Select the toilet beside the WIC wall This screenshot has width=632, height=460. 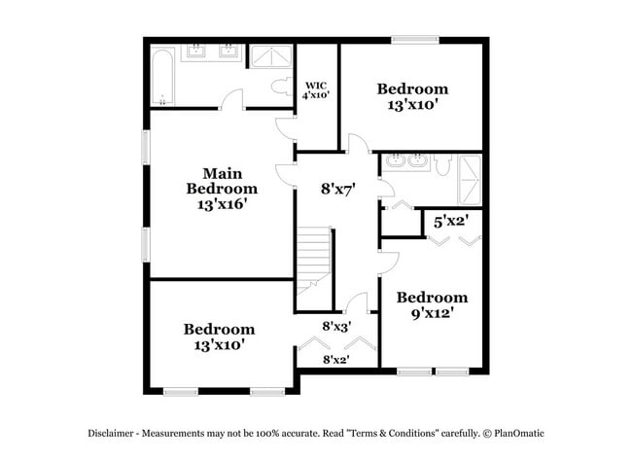[x=282, y=87]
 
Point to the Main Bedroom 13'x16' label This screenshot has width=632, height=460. [x=222, y=189]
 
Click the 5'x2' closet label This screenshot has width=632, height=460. [x=451, y=222]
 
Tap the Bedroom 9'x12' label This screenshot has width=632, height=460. [x=432, y=305]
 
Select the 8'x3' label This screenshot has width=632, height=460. [x=336, y=327]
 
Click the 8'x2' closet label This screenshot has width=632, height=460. [x=336, y=360]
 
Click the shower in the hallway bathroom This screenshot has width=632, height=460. [x=471, y=177]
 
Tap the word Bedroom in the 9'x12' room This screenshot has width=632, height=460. [x=432, y=298]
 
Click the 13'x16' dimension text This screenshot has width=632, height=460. [x=222, y=204]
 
